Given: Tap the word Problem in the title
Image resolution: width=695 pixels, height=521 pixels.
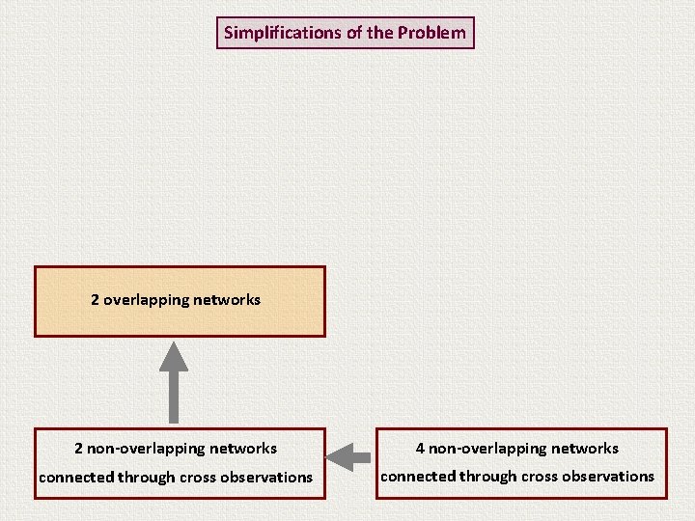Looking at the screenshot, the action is pos(431,33).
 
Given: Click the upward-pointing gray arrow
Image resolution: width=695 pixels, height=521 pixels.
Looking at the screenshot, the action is pos(174,380).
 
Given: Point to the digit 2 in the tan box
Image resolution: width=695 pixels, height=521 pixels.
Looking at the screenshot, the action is pos(96,300).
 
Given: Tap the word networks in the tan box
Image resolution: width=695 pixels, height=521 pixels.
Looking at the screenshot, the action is pos(227,300).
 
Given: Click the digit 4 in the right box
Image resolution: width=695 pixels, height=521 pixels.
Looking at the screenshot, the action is pos(420,449).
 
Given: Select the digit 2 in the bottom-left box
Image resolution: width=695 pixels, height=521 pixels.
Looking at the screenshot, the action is pos(79,449).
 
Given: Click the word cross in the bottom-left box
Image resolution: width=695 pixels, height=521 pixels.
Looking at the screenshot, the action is pos(195,478).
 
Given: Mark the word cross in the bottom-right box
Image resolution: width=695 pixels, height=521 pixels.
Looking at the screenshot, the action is pos(536,477).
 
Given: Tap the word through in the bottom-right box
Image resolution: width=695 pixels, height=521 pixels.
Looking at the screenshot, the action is pos(486,477).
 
